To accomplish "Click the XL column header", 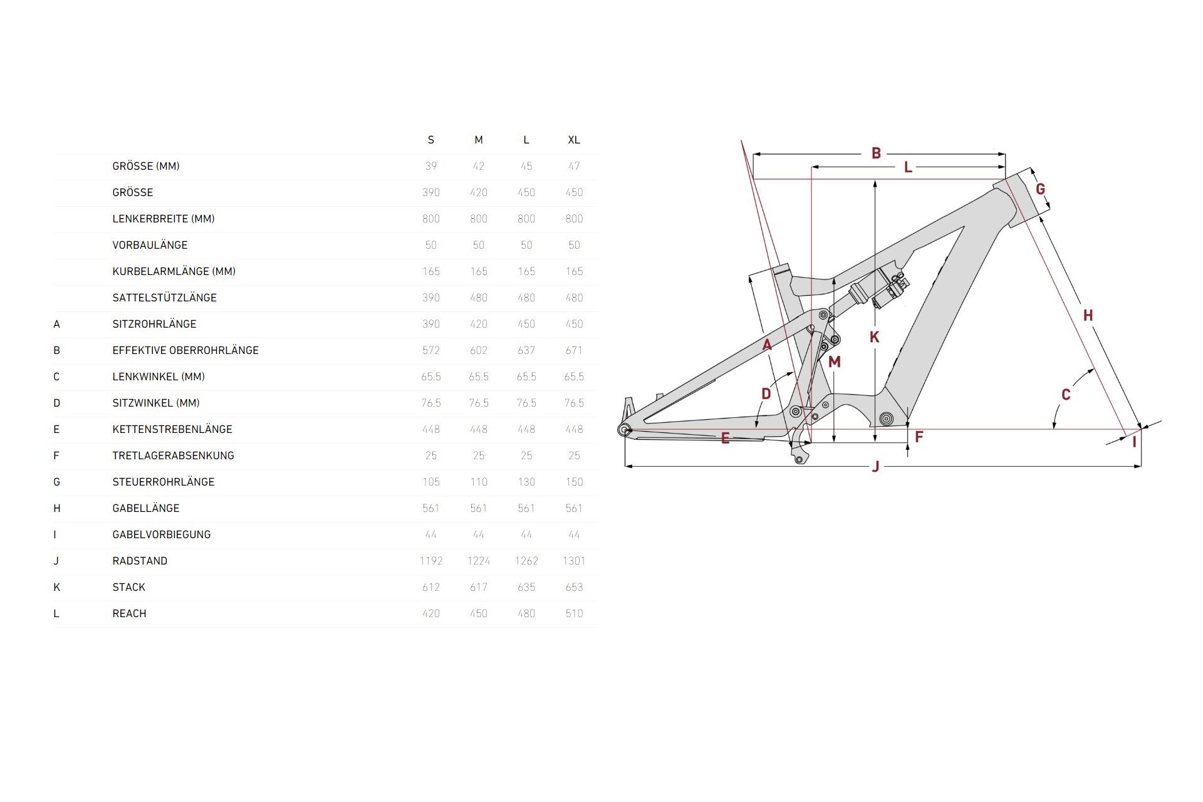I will point(574,140).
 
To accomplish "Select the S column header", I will point(431,140).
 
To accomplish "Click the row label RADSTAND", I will point(140,561).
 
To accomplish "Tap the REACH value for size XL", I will point(574,613).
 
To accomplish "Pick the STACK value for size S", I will point(431,587).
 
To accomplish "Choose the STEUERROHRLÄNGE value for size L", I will point(526,482).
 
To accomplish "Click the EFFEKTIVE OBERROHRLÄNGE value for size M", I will point(479,350).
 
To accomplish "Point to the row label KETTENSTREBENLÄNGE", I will point(172,429).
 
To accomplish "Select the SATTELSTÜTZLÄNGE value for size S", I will point(431,298).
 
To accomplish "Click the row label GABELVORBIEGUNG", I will point(162,534).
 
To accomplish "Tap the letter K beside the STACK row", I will point(57,587).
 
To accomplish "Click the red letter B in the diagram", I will point(876,153).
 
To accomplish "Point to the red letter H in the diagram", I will point(1088,315).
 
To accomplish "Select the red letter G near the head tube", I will point(1040,189).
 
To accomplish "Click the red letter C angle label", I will point(1066,394).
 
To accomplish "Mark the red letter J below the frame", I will point(876,466).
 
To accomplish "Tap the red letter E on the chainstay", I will point(725,438).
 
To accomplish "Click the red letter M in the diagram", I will point(834,362).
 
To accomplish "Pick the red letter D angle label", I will point(766,393).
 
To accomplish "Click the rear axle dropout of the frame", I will point(624,429).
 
